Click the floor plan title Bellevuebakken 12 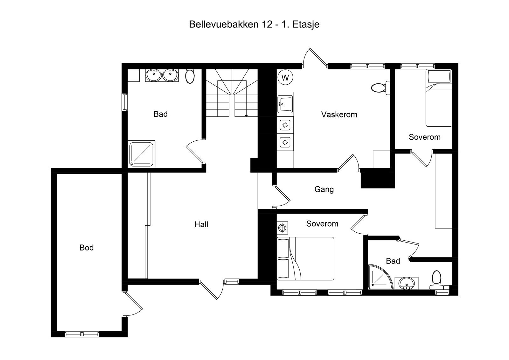[254, 25]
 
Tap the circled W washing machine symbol [285, 78]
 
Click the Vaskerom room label [339, 115]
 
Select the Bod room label [87, 248]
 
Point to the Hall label [201, 225]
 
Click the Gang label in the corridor [324, 189]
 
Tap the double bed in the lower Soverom [305, 258]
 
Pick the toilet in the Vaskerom [379, 88]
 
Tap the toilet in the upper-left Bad [190, 76]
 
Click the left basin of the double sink [154, 75]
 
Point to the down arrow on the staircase [246, 115]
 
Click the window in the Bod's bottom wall [82, 334]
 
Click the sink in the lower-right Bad [406, 283]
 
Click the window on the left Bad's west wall [125, 102]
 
